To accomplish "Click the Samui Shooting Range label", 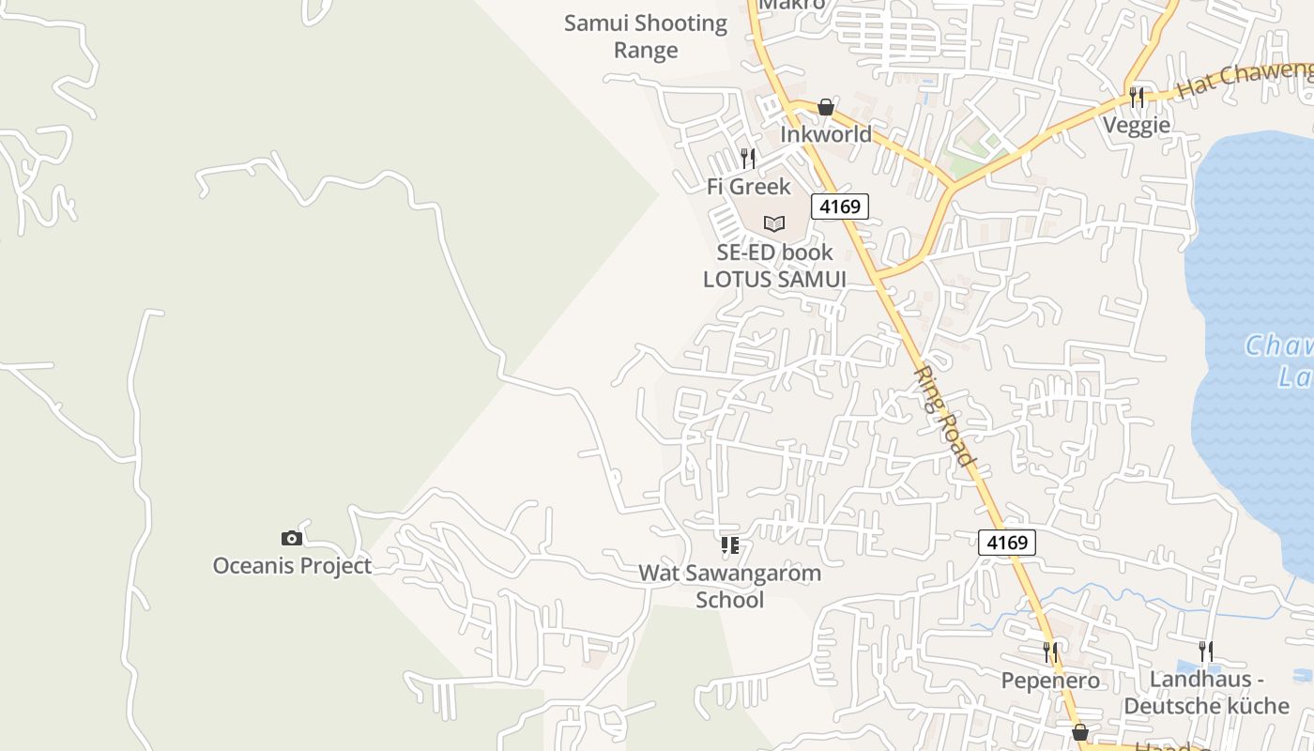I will (x=646, y=37).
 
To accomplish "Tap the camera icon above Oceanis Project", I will (x=292, y=538).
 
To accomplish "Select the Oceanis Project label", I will (x=292, y=565).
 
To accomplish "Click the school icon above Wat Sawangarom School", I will (x=729, y=544).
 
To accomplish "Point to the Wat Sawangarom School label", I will (x=729, y=586).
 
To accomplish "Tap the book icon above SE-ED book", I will (x=773, y=223).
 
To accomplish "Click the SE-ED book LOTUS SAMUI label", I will (x=774, y=266).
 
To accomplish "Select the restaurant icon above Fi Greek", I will (x=748, y=158).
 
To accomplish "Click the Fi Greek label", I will (x=748, y=186).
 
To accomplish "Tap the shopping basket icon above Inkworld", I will (x=825, y=107).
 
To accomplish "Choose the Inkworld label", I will (x=826, y=134).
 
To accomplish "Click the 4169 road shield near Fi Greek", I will (x=840, y=206).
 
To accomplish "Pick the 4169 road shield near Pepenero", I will (x=1007, y=542).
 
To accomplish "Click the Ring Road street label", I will (x=943, y=416).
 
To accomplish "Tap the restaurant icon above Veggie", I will (x=1137, y=97).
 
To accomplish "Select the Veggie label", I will (x=1137, y=125).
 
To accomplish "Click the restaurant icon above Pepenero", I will (x=1050, y=651).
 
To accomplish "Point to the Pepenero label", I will (x=1050, y=680).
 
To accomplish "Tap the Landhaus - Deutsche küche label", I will (x=1206, y=693).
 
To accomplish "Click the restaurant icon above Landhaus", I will (x=1206, y=651).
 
